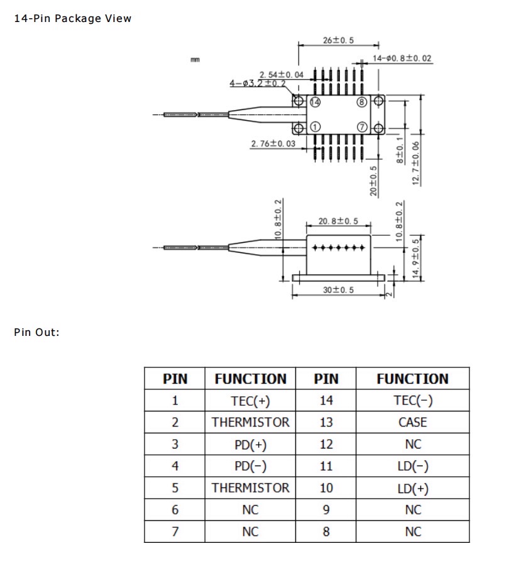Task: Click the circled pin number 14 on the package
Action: coord(315,102)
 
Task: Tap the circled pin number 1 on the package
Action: coord(315,128)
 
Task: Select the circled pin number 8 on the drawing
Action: coord(361,102)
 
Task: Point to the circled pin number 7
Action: coord(361,128)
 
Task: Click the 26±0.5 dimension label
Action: coord(338,40)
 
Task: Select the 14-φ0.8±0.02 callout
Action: coord(402,58)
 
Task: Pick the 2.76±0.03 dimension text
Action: coord(273,144)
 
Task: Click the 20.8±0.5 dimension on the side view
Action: coord(338,221)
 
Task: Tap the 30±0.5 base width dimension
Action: coord(338,290)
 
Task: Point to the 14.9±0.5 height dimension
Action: coord(415,258)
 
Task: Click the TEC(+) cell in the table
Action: coord(250,401)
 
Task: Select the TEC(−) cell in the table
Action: coord(412,401)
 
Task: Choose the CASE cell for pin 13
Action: coord(412,423)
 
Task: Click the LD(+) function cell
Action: coord(412,488)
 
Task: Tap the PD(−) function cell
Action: coord(250,466)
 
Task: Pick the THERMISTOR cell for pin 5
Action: coord(250,488)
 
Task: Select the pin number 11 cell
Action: coord(326,466)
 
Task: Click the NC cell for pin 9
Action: coord(412,510)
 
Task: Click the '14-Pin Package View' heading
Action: coord(73,18)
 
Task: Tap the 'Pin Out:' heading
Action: coord(36,332)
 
